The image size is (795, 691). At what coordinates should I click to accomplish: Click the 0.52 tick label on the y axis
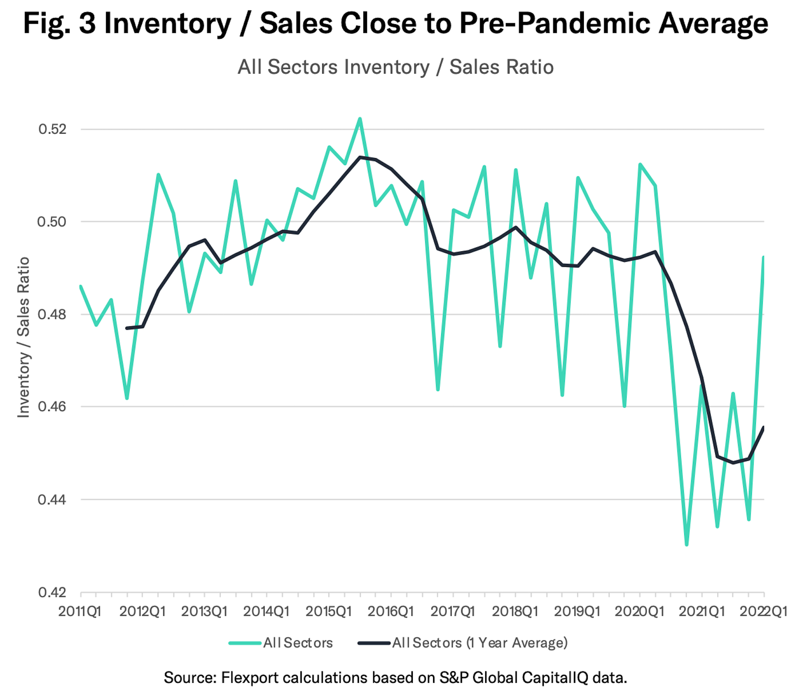(x=53, y=129)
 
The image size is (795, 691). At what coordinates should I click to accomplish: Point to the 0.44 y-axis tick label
(x=53, y=500)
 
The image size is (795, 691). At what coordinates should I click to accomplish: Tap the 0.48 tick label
(x=53, y=314)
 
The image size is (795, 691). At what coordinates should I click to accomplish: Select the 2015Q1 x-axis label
(x=328, y=612)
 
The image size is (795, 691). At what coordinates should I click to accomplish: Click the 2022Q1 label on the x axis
(x=763, y=612)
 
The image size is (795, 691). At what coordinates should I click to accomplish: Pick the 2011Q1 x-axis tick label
(x=80, y=612)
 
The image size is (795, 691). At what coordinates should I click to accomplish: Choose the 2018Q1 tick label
(x=515, y=612)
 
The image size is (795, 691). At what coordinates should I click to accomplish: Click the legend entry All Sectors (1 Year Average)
(x=480, y=643)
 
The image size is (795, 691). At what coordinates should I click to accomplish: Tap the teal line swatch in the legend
(x=245, y=643)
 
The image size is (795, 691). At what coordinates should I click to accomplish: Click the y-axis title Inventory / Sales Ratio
(x=23, y=337)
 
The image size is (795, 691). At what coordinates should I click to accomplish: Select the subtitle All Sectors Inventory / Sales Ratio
(x=396, y=67)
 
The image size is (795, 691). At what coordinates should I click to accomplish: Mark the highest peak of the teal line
(x=360, y=119)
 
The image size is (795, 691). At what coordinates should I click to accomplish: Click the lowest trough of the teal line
(x=686, y=545)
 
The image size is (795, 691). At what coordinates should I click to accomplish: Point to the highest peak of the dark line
(x=360, y=157)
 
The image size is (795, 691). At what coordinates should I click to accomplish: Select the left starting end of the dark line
(x=127, y=328)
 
